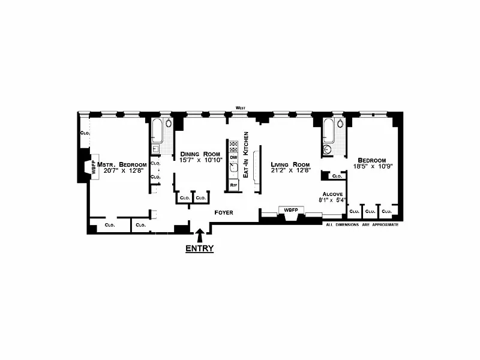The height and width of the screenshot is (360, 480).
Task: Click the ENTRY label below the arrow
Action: pos(199,248)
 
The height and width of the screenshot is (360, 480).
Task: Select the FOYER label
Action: pos(224,213)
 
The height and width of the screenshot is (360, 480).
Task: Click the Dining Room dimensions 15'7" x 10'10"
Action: pos(201,160)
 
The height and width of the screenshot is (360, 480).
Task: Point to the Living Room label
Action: pos(290,164)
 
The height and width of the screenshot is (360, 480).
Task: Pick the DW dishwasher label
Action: pos(234,157)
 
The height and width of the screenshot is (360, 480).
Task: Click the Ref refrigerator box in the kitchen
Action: pos(234,185)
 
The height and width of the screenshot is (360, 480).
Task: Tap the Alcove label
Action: pos(332,194)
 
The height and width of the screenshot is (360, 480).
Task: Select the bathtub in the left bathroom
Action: pos(157,130)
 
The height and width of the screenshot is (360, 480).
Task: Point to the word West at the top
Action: pos(241,108)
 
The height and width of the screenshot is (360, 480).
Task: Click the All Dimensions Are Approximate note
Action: pos(361,224)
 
